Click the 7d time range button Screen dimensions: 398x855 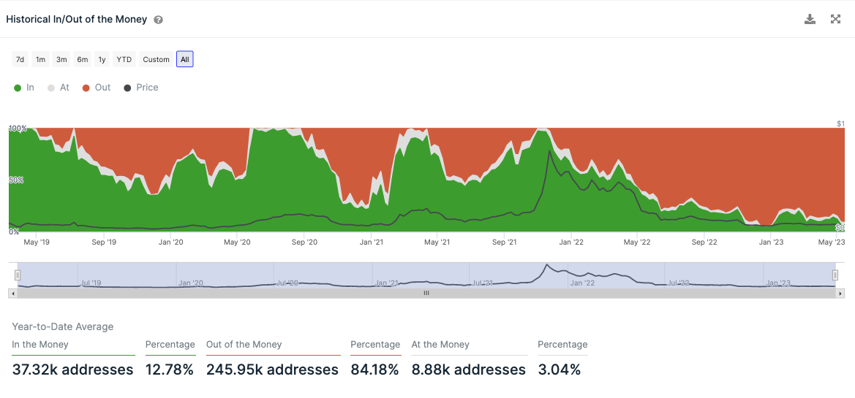(20, 60)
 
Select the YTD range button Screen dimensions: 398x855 (124, 60)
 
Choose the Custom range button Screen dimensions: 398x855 (156, 60)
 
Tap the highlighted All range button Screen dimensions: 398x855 (184, 60)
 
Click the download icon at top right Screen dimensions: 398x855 (810, 20)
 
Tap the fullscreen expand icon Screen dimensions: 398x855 (835, 20)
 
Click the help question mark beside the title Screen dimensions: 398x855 (158, 20)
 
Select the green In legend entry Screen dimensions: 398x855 (24, 88)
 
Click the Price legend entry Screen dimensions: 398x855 (140, 88)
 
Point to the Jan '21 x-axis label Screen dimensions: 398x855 (372, 242)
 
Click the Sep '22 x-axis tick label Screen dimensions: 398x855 (704, 242)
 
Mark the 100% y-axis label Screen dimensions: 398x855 (18, 129)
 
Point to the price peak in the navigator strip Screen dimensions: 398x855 (546, 266)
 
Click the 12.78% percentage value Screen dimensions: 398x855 (169, 370)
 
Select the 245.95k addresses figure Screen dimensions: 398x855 (272, 370)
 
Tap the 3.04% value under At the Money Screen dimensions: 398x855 (560, 370)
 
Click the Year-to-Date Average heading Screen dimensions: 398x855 (63, 326)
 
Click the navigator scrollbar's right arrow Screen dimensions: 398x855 (840, 293)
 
